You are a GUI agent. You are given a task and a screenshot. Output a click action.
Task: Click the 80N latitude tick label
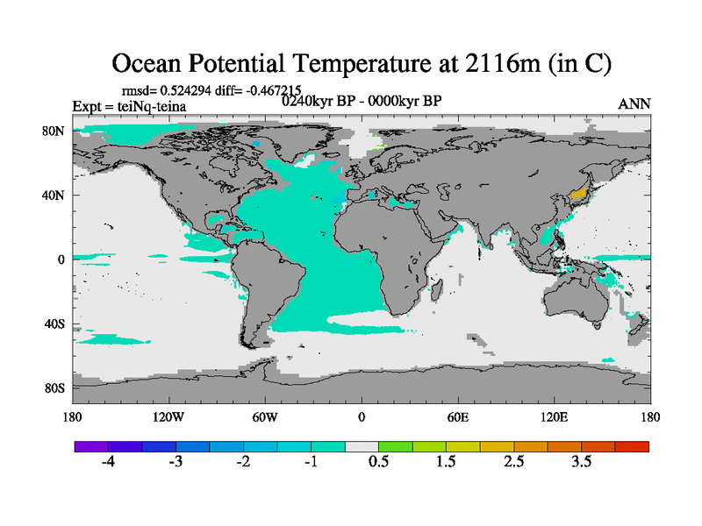(56, 131)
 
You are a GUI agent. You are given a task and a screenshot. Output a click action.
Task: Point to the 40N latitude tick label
(56, 195)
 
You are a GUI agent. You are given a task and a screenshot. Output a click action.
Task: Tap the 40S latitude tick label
(56, 323)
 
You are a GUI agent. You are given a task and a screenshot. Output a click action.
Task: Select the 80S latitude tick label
(56, 387)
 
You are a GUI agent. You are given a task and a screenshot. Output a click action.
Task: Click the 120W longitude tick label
(168, 416)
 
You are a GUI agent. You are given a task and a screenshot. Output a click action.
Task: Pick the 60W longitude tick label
(264, 416)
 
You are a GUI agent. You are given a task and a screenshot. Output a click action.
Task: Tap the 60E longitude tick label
(458, 416)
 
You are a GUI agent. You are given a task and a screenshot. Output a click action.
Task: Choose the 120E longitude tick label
(554, 416)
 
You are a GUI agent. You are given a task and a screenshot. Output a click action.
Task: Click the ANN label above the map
(634, 103)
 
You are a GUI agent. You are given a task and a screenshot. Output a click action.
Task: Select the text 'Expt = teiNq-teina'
(128, 107)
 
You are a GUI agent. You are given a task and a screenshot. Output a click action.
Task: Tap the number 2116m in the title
(489, 64)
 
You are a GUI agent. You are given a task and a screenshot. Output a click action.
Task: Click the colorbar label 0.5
(379, 462)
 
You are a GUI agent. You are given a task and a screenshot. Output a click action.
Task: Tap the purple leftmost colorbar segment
(91, 446)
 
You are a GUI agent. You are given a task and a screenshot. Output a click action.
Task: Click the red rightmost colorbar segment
(632, 446)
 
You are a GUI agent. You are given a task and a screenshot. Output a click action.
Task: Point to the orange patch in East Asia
(577, 193)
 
